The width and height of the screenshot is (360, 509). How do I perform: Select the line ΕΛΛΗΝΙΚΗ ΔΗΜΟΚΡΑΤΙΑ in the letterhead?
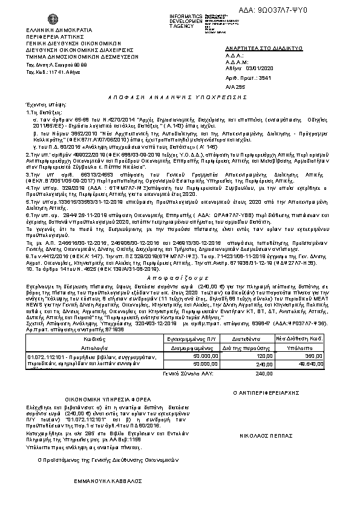(59, 30)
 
